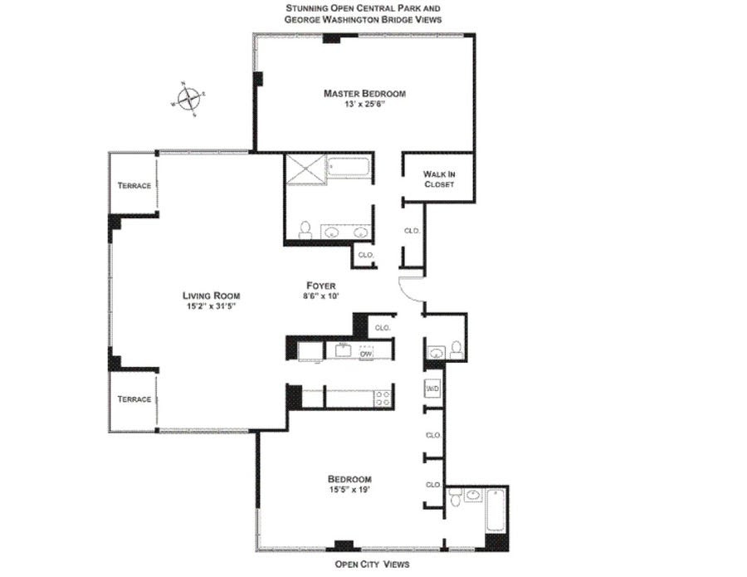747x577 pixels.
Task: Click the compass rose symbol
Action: pos(188,99)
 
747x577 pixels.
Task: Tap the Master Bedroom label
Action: pos(364,93)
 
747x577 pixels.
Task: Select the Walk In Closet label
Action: pos(439,179)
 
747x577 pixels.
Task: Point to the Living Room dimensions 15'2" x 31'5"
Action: pos(211,306)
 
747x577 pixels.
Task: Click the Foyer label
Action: pos(320,286)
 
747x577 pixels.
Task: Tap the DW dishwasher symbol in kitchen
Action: pos(366,353)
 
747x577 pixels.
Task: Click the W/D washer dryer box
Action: pos(432,389)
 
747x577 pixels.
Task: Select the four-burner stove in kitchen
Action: pos(383,399)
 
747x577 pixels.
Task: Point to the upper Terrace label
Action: pos(134,185)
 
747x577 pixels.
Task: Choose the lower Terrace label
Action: pos(134,399)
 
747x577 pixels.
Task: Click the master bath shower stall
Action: pos(305,167)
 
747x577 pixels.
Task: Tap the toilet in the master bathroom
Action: pos(305,230)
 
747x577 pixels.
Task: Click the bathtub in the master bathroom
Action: pos(349,167)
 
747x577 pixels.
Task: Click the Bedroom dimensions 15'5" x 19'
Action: pos(349,490)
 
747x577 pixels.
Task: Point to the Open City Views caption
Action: pos(372,565)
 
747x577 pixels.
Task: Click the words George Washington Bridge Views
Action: pos(363,20)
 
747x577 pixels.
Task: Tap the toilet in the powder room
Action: pos(456,350)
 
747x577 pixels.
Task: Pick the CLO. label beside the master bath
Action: pos(366,255)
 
